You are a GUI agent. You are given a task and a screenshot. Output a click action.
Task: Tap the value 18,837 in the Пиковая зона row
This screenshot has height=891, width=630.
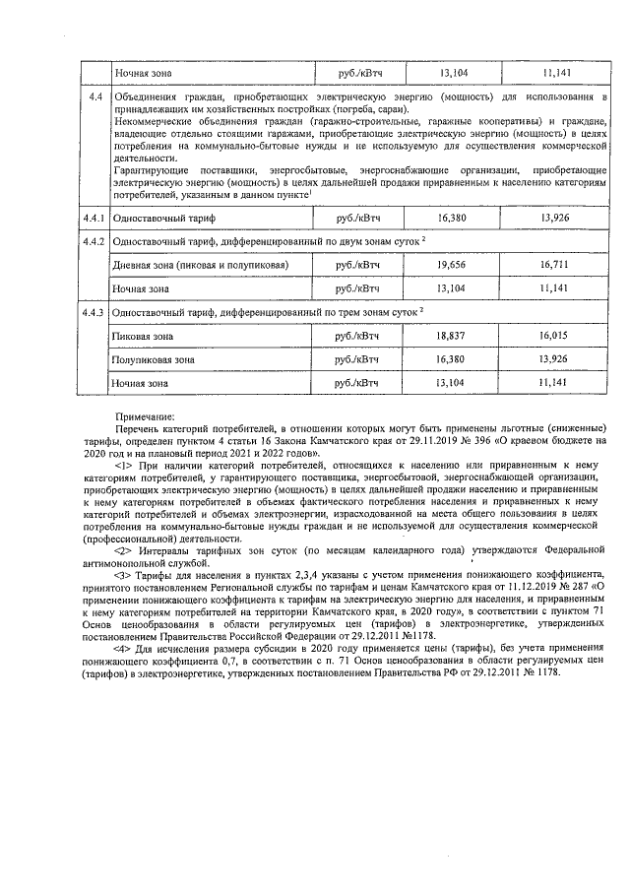[x=452, y=336]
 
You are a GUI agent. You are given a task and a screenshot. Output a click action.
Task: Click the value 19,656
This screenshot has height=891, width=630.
[x=452, y=265]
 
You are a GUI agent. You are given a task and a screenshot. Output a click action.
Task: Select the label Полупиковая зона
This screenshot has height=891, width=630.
[x=154, y=359]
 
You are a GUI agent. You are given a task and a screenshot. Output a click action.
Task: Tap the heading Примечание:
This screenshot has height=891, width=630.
[x=145, y=417]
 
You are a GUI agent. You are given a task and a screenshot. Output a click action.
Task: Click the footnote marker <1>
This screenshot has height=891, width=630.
[x=124, y=462]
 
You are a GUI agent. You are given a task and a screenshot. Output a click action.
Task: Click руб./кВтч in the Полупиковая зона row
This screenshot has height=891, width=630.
[x=357, y=359]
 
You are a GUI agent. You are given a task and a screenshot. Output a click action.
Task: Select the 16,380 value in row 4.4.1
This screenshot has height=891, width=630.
[x=452, y=217]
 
